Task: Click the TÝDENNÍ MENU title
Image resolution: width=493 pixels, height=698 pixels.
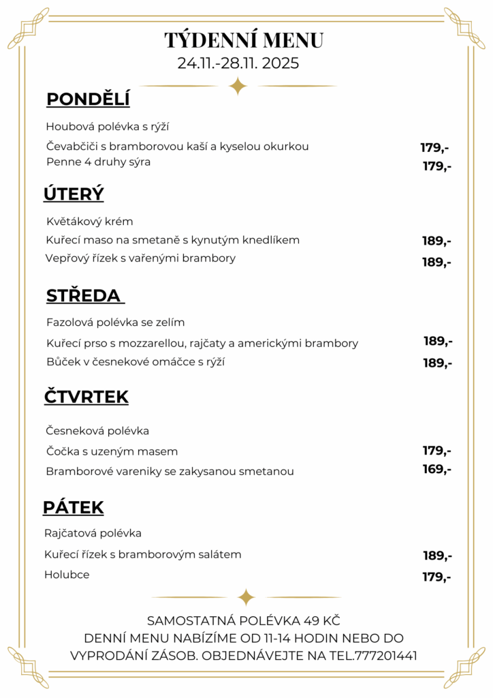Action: pyautogui.click(x=244, y=40)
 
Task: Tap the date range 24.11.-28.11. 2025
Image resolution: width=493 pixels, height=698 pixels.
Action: pyautogui.click(x=238, y=63)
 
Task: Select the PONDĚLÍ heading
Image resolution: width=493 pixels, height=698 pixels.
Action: pyautogui.click(x=88, y=100)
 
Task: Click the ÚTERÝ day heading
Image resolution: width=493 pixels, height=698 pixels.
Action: pyautogui.click(x=74, y=194)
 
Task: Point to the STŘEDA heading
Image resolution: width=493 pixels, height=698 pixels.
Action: pyautogui.click(x=84, y=296)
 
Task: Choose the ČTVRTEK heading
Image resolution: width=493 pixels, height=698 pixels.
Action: pyautogui.click(x=86, y=397)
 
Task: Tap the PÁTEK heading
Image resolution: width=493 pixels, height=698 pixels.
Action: pyautogui.click(x=73, y=507)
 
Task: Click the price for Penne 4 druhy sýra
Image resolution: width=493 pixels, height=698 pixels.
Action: pyautogui.click(x=436, y=166)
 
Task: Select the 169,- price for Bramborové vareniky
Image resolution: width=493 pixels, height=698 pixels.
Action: pyautogui.click(x=436, y=469)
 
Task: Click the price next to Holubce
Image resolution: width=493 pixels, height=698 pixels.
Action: pyautogui.click(x=436, y=577)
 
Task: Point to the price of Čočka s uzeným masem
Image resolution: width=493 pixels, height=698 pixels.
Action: pyautogui.click(x=436, y=451)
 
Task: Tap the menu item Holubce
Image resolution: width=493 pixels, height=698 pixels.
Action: pyautogui.click(x=67, y=575)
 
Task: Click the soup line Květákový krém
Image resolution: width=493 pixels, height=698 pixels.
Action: pyautogui.click(x=90, y=222)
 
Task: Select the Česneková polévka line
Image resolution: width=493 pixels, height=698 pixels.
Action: pyautogui.click(x=97, y=431)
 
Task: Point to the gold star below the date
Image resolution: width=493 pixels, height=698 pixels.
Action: pyautogui.click(x=238, y=86)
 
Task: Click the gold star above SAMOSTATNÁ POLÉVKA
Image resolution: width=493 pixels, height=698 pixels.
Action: pyautogui.click(x=246, y=597)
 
